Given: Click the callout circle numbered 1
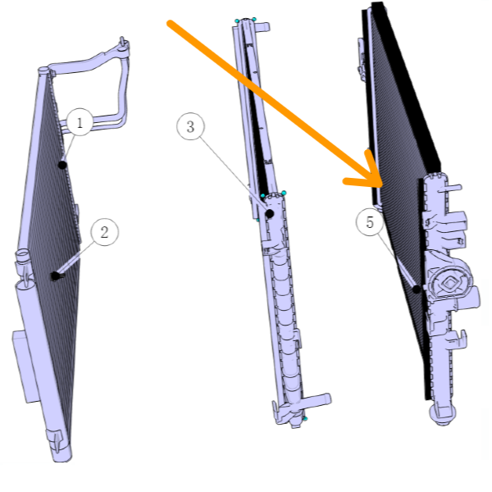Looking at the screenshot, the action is click(x=80, y=121).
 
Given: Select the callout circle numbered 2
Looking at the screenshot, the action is click(x=104, y=232).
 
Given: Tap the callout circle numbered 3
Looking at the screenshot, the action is click(x=190, y=127).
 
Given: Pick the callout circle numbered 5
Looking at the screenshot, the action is click(x=370, y=222).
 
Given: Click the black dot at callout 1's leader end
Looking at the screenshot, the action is click(x=63, y=165).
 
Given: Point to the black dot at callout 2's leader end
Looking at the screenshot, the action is click(x=55, y=276).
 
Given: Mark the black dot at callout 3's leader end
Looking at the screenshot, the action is click(x=270, y=214).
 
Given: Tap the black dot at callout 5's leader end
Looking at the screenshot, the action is click(x=417, y=289).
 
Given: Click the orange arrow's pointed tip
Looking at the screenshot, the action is click(x=382, y=185).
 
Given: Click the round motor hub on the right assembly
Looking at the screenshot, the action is click(x=449, y=283).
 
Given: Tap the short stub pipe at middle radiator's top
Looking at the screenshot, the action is click(x=263, y=27).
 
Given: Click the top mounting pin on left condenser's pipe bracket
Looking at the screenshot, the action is click(x=123, y=43).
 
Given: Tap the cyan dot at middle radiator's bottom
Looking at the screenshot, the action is click(x=305, y=418).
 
